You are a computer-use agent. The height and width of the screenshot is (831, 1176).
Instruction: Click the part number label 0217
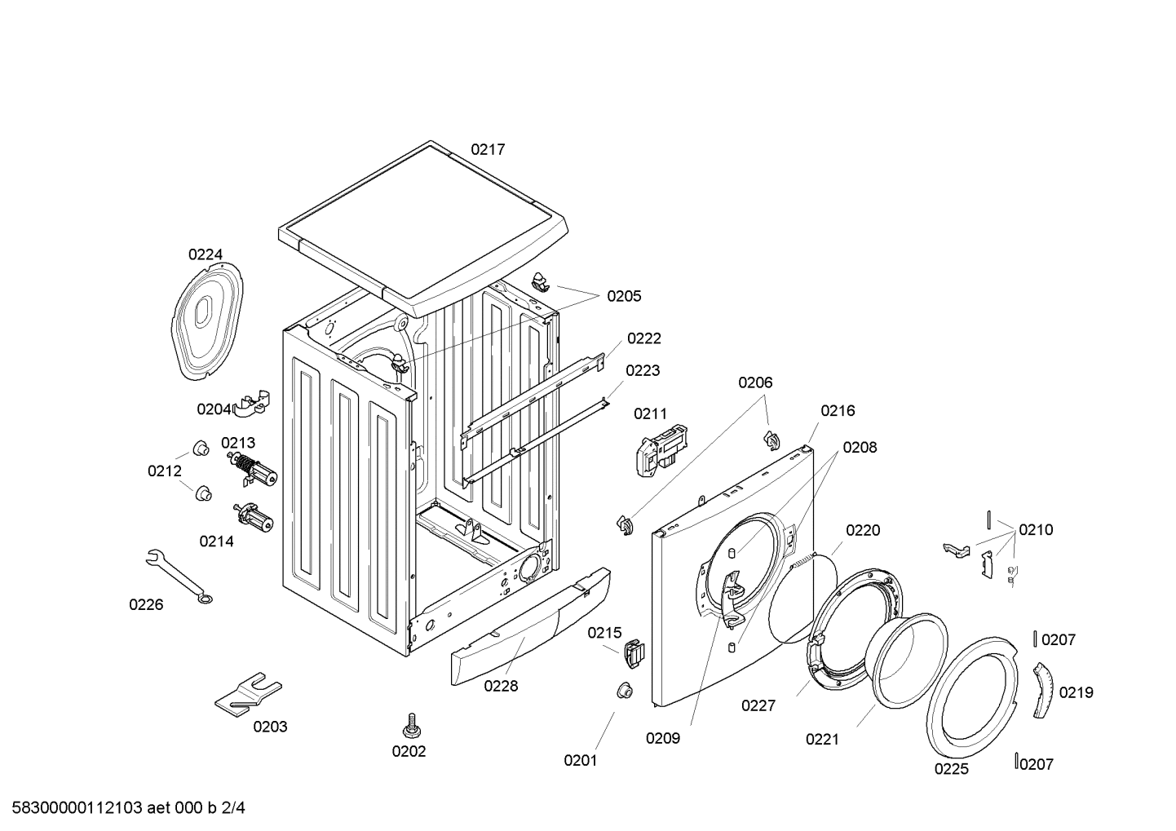pos(488,149)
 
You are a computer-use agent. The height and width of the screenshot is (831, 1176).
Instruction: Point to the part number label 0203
pos(270,727)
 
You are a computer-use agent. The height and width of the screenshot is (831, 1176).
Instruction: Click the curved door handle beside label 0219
pos(1043,690)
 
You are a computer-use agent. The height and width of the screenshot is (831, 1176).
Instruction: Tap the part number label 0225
pos(952,768)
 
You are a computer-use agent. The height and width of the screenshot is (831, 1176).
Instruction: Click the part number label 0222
pos(643,338)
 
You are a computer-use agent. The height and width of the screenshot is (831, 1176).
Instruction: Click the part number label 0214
pos(216,541)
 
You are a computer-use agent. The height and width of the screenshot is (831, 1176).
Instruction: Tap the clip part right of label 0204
pos(254,403)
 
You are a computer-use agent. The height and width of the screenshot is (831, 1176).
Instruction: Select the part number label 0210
pos(1036,530)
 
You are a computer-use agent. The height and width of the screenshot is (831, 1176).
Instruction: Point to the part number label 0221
pos(822,740)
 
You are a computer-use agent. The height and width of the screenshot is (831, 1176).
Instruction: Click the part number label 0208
pos(860,447)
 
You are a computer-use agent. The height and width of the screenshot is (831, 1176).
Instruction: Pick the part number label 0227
pos(758,705)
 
